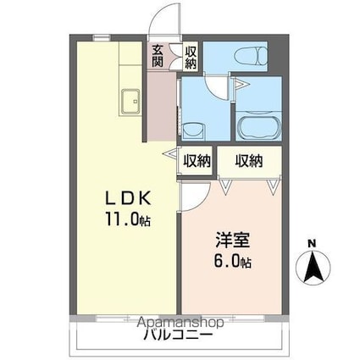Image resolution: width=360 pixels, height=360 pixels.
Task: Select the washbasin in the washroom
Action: click(x=193, y=131)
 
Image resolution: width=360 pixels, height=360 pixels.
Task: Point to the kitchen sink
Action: click(x=131, y=102)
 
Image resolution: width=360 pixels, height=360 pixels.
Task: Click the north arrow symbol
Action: click(x=312, y=269)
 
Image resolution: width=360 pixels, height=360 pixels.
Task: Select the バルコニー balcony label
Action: click(x=178, y=336)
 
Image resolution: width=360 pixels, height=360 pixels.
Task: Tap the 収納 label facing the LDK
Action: click(x=197, y=160)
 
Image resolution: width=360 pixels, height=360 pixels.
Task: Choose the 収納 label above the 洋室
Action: click(x=249, y=160)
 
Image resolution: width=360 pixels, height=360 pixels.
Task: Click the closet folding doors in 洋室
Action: click(x=249, y=184)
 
